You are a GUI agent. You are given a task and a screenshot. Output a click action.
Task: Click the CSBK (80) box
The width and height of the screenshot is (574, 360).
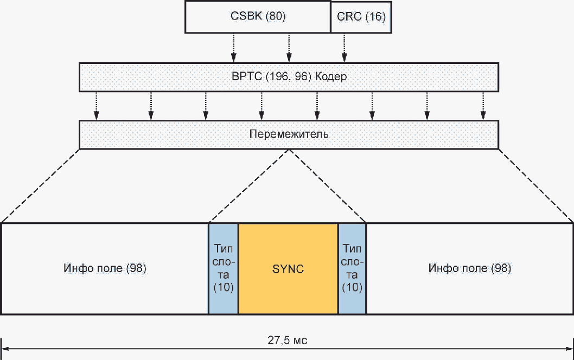(258, 17)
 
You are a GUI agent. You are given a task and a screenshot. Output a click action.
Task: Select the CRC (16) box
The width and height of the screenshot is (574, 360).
(361, 17)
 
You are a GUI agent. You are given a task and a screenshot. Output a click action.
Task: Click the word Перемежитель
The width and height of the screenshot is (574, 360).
(289, 134)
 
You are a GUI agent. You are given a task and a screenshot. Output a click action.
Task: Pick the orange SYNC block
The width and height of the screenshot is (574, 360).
(288, 269)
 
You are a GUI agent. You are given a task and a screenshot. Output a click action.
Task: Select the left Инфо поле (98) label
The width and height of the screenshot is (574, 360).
(105, 268)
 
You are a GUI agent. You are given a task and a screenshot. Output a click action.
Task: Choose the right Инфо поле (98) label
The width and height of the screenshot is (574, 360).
(470, 268)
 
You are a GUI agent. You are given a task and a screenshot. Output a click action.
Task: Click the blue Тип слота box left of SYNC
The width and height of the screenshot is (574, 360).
(224, 269)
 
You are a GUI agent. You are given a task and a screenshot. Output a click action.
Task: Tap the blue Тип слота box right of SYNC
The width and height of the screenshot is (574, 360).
(352, 269)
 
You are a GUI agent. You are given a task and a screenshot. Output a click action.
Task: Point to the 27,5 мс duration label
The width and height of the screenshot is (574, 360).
(288, 340)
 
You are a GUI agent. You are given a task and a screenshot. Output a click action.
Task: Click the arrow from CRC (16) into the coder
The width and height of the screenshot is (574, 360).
(344, 48)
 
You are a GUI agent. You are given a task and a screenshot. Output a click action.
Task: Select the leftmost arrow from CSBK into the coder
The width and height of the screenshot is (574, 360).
(233, 48)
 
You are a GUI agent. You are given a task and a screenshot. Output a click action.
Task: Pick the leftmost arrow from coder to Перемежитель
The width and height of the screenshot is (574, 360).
(96, 106)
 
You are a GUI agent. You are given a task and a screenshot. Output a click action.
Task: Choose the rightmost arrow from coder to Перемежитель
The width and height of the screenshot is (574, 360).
(483, 106)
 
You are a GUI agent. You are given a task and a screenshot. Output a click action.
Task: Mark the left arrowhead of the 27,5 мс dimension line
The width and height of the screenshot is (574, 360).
(3, 349)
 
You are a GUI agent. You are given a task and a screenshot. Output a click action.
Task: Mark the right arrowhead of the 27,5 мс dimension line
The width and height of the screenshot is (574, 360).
(571, 349)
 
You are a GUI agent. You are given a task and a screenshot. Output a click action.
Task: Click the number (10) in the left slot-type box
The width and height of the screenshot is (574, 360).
(224, 287)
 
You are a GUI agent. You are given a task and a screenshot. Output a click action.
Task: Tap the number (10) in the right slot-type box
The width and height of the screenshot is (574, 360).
(352, 287)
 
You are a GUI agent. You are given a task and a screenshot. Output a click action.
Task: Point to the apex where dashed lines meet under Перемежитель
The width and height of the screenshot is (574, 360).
(289, 149)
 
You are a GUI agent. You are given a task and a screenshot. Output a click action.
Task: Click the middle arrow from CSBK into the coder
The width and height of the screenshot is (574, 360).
(289, 48)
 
